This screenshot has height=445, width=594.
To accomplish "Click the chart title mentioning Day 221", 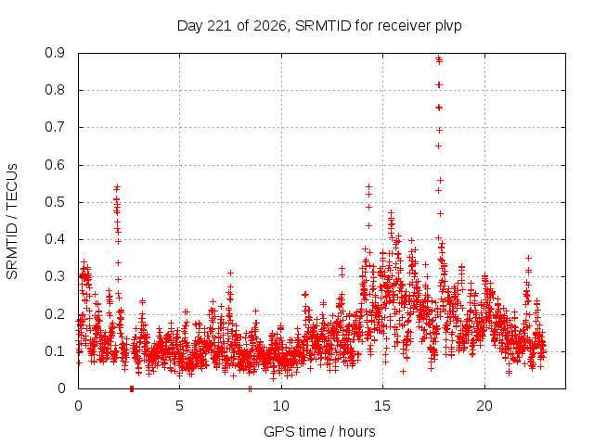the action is [319, 26].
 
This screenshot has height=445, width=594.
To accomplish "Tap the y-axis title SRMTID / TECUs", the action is [12, 222].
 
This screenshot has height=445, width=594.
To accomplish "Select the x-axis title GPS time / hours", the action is [319, 431].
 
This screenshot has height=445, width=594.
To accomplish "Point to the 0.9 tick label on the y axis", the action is [55, 53].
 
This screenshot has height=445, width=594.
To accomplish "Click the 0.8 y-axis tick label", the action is [55, 90].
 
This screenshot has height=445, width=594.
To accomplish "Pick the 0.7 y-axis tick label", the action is [55, 127].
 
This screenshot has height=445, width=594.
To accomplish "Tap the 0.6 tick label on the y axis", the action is [55, 165].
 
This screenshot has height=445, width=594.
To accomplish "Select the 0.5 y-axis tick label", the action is [55, 202].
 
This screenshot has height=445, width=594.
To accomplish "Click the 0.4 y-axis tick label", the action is [55, 239].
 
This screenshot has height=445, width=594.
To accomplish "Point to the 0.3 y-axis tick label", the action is [55, 276].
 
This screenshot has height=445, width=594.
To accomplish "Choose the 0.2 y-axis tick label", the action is [55, 314].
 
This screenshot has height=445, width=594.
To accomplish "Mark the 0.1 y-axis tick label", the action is [55, 351].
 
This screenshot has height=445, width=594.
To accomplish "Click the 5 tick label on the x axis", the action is [179, 406].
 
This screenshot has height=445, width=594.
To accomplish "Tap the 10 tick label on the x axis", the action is [281, 406].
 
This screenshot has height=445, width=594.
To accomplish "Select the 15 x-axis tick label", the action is [382, 406].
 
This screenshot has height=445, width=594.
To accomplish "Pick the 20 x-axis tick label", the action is [484, 406].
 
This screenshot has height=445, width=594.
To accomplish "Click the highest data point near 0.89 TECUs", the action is [439, 57].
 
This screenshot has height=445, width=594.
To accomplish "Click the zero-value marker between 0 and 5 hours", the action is [132, 388].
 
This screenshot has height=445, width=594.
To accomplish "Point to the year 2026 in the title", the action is [270, 26].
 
